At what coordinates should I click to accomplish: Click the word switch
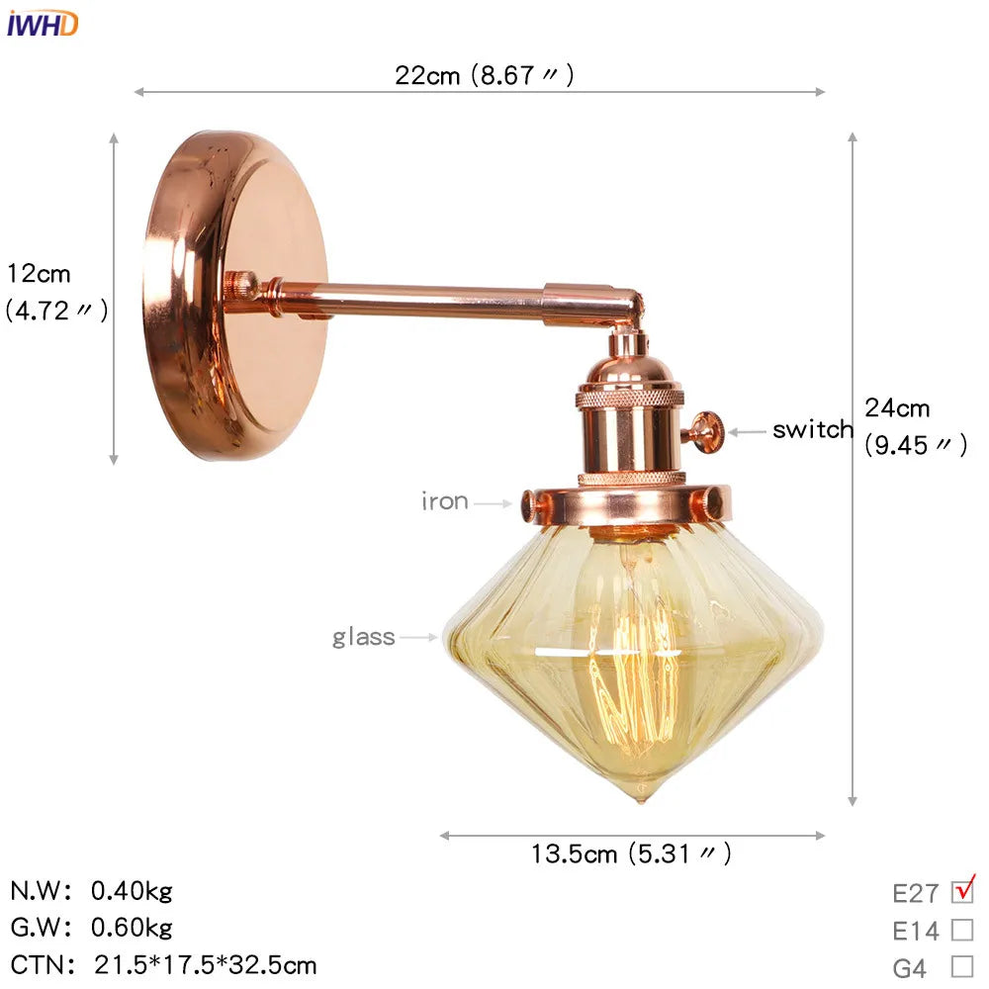812,430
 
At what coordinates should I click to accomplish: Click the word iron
444,501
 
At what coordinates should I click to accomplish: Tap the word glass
363,637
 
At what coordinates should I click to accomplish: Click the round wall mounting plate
235,296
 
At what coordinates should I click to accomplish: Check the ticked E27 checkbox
961,892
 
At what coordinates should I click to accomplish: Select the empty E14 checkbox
961,930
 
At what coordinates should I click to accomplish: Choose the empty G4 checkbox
961,966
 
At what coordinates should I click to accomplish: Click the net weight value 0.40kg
132,891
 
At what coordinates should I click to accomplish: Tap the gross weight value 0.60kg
132,928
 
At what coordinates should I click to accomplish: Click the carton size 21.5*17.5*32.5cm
206,964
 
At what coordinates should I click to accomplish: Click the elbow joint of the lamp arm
626,306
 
